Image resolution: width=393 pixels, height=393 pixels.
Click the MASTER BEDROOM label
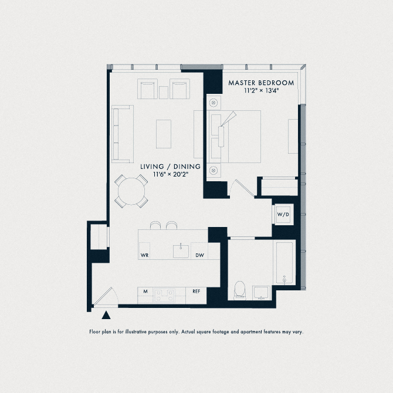(x=261, y=83)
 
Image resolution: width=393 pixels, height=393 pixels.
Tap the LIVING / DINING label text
(x=170, y=167)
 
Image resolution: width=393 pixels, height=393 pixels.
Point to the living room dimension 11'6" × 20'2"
(x=170, y=174)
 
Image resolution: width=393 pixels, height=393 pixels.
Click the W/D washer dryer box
(x=283, y=215)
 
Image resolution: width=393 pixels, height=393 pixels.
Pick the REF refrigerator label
(x=196, y=291)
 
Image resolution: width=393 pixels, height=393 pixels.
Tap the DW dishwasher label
(x=199, y=255)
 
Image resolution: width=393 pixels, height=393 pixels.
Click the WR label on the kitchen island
(x=145, y=255)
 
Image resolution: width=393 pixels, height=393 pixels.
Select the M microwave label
(x=145, y=291)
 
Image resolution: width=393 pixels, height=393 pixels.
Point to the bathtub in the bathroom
(x=284, y=262)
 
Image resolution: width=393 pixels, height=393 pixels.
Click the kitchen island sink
(x=181, y=251)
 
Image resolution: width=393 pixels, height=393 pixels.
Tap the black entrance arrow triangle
(x=106, y=316)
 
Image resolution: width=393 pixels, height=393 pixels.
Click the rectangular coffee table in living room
(x=164, y=134)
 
